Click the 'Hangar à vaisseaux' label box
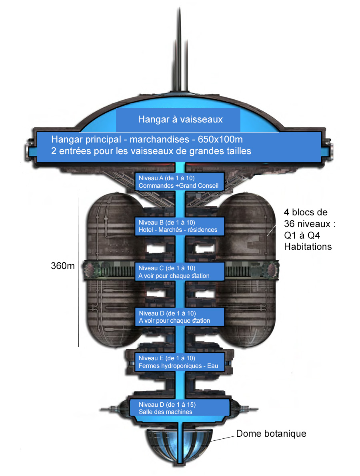click(x=178, y=119)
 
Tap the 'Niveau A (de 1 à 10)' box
click(x=179, y=182)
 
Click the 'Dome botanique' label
click(x=271, y=434)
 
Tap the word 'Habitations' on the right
click(x=308, y=247)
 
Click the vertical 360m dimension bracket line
click(x=79, y=268)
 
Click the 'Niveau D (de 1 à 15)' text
click(x=167, y=404)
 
